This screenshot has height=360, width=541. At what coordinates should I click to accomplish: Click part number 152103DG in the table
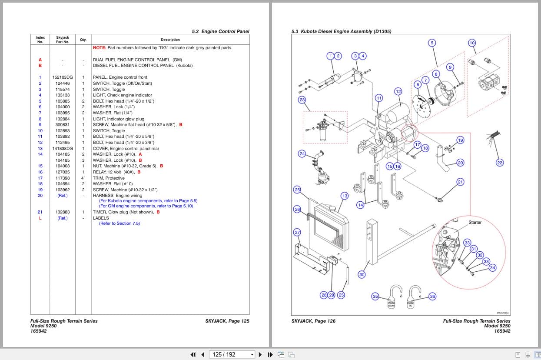[x=63, y=77]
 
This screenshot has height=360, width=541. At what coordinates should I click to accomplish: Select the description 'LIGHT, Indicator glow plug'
[x=118, y=119]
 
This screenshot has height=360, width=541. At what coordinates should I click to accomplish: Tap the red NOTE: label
[x=99, y=48]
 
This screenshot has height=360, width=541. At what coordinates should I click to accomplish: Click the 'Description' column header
[x=170, y=40]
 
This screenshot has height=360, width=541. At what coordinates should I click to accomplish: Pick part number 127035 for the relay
[x=63, y=172]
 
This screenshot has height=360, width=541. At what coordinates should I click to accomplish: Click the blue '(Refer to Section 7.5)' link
[x=119, y=223]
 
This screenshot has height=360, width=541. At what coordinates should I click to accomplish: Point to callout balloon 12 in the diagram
[x=398, y=91]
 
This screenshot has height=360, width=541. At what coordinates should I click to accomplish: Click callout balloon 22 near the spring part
[x=499, y=163]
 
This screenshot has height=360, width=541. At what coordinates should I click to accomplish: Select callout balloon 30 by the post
[x=362, y=274]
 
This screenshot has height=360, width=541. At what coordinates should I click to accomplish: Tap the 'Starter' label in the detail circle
[x=475, y=223]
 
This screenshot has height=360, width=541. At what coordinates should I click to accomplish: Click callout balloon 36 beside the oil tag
[x=432, y=296]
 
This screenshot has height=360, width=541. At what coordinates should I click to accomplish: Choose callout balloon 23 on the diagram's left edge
[x=302, y=100]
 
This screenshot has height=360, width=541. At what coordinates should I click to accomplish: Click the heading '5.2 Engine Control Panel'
[x=220, y=32]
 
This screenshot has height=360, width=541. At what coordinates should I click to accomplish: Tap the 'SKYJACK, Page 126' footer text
[x=313, y=321]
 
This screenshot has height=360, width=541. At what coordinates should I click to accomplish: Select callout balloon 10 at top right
[x=472, y=43]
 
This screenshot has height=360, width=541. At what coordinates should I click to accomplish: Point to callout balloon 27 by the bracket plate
[x=297, y=232]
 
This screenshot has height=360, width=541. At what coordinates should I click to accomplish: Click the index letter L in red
[x=40, y=218]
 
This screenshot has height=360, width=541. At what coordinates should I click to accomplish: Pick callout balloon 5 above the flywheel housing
[x=431, y=43]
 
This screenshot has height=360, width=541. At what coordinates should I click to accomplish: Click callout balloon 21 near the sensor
[x=460, y=182]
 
